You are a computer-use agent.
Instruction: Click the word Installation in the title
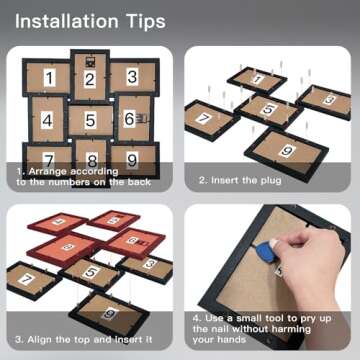point(67,22)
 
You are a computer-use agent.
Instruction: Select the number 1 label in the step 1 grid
point(49,78)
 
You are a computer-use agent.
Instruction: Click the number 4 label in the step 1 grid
point(47,120)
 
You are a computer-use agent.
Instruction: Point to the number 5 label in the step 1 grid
point(90,120)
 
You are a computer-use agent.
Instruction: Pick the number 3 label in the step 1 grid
point(132,77)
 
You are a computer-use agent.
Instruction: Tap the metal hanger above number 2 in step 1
point(90,61)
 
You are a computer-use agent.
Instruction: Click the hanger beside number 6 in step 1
point(142,118)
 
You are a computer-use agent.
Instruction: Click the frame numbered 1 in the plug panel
point(257,80)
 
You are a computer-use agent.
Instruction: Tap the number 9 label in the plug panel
point(287,151)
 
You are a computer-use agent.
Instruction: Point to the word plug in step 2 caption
point(269,181)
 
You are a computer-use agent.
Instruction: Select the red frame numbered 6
point(135,242)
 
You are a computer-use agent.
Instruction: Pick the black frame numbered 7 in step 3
point(33,280)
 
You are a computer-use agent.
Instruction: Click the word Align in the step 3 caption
point(39,340)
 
